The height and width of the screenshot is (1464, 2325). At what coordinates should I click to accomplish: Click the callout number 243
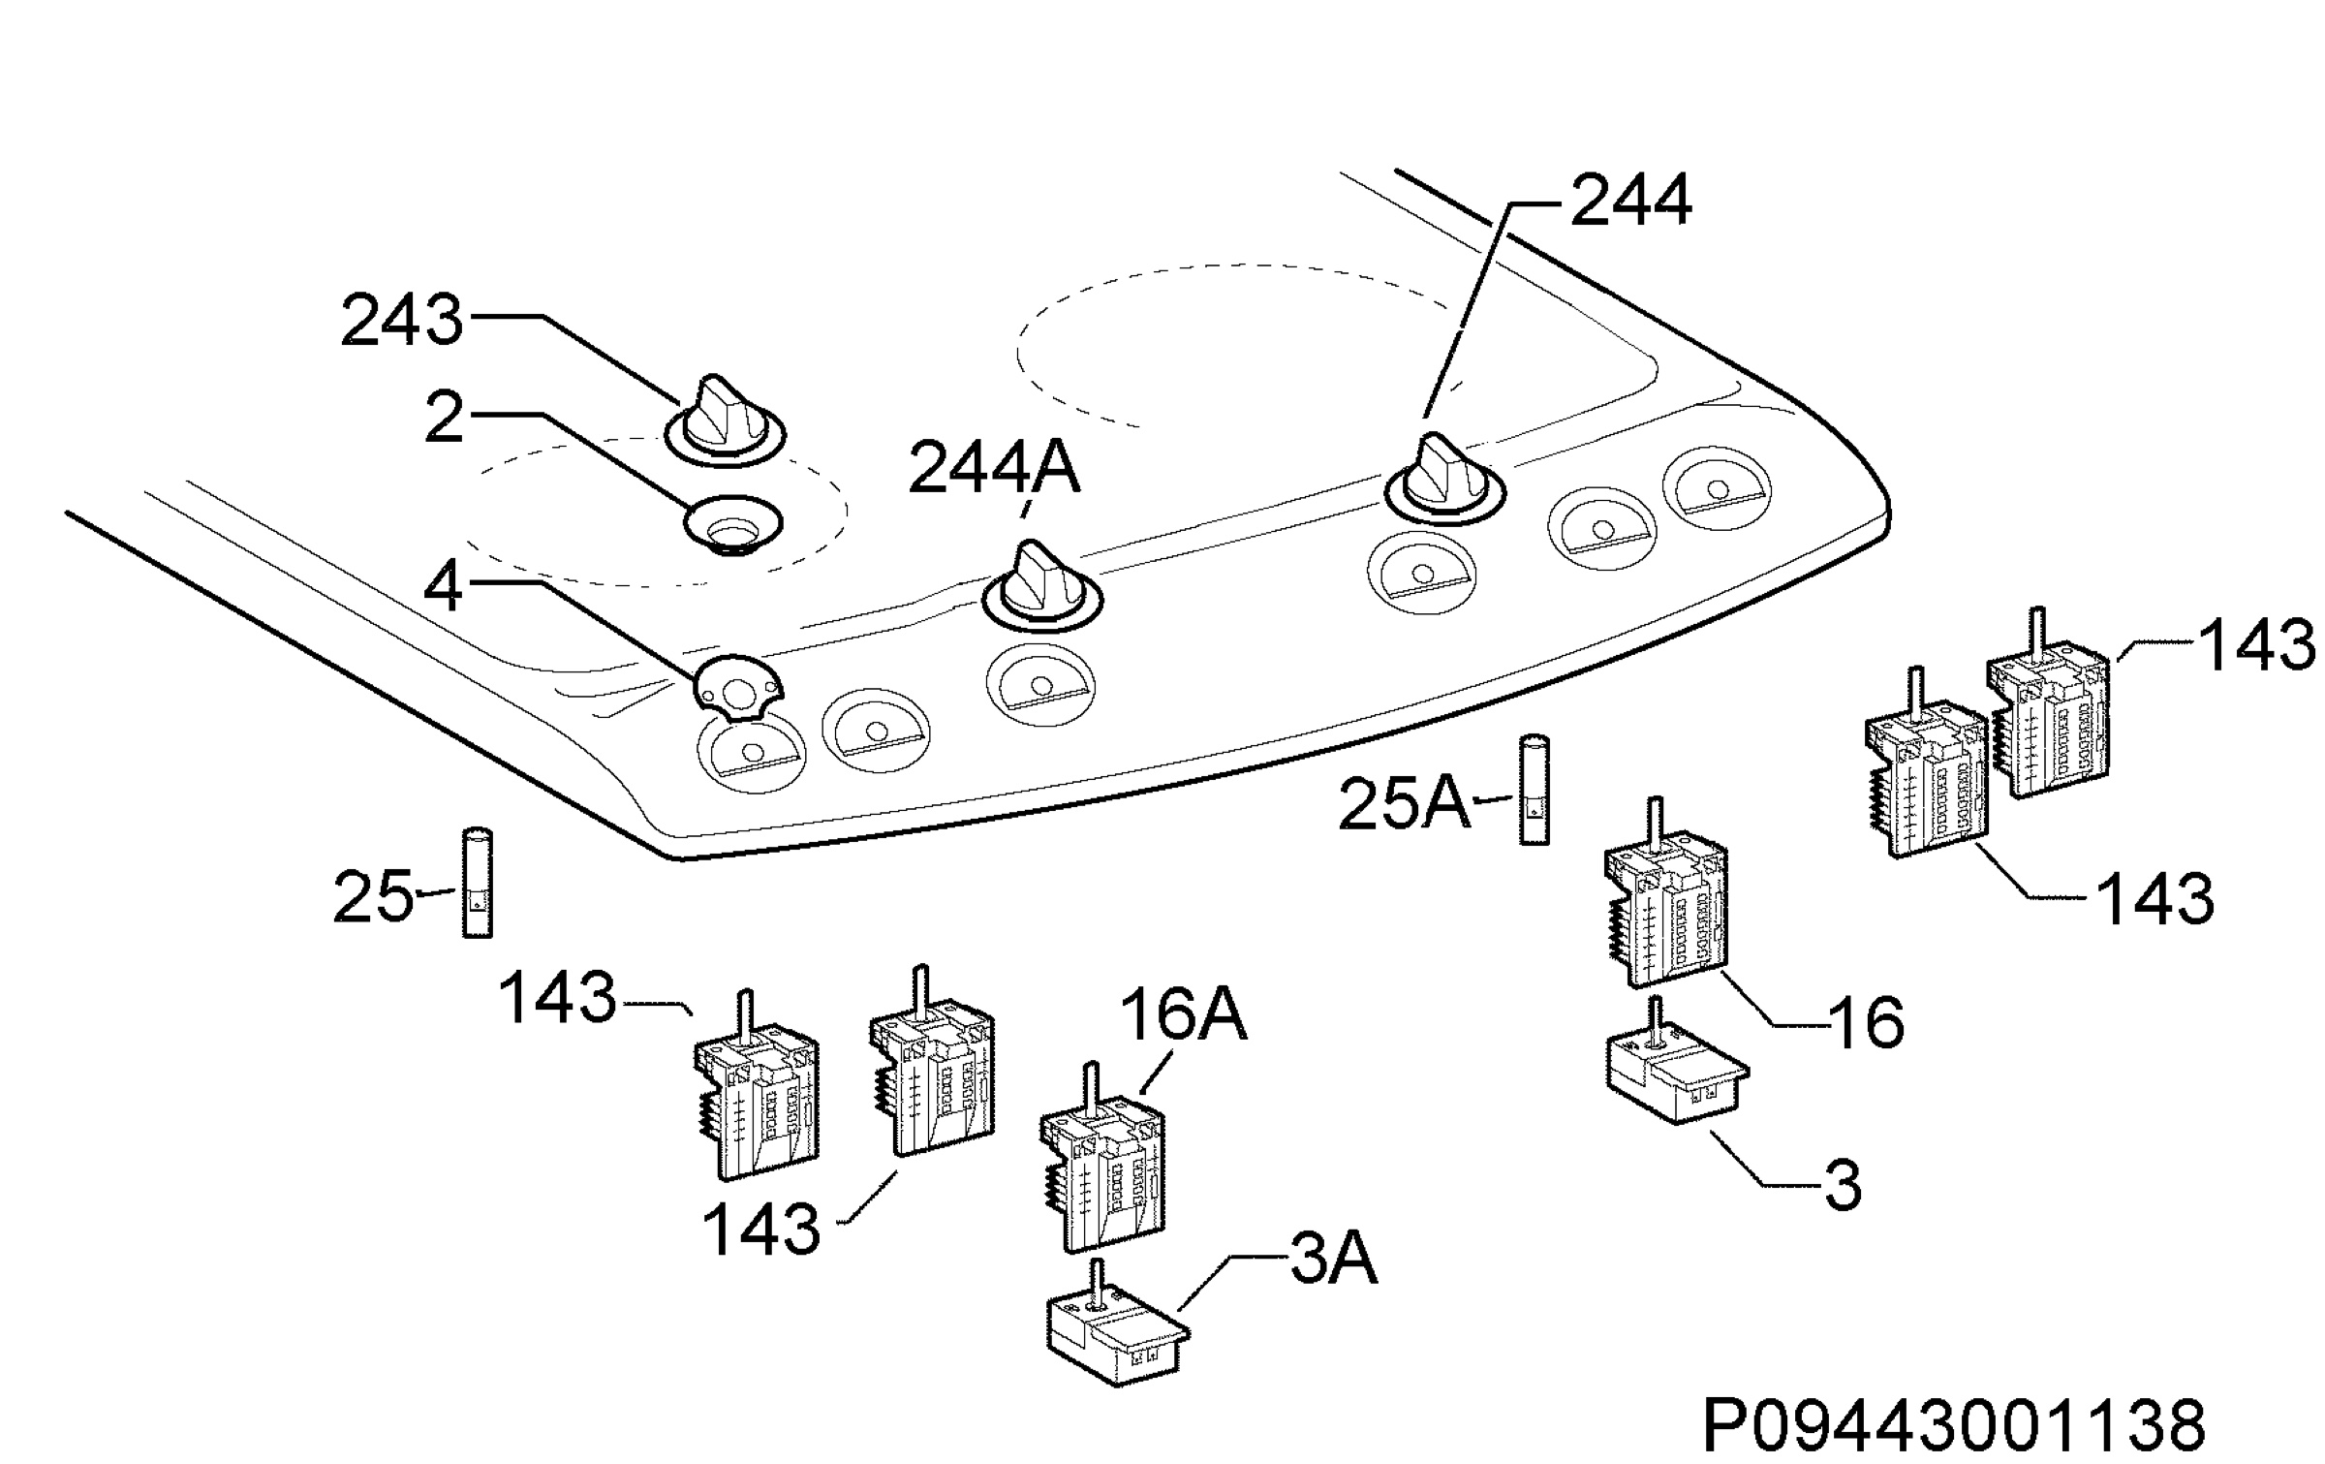point(402,322)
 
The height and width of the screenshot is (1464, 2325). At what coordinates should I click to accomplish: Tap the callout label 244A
point(994,469)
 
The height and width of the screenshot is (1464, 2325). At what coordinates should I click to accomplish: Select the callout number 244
point(1631,201)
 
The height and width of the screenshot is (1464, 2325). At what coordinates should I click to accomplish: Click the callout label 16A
point(1183,1014)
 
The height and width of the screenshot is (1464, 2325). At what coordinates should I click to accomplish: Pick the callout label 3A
point(1333,1259)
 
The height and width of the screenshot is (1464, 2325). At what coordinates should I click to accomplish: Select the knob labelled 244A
point(1042,585)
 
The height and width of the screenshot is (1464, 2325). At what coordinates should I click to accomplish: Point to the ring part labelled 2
point(732,524)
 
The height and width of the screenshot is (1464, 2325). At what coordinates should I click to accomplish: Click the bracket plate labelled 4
point(738,688)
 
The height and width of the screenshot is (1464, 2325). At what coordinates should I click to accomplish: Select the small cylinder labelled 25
point(476,882)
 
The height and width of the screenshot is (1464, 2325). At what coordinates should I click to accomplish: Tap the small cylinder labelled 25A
point(1533,790)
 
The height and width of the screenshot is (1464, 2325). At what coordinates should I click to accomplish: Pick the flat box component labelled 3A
point(1118,1326)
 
